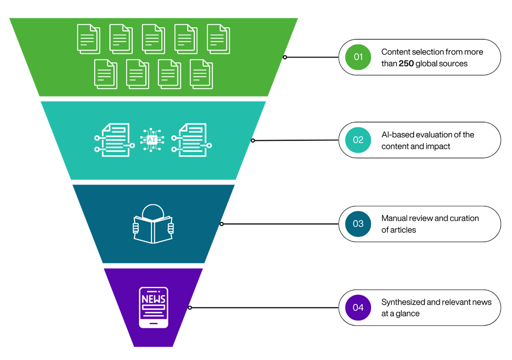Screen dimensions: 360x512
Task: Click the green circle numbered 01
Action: tap(358, 57)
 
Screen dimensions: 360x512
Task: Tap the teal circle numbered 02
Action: tap(358, 140)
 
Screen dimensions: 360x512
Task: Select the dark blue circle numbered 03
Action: tap(358, 224)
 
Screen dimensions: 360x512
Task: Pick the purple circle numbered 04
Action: tap(358, 308)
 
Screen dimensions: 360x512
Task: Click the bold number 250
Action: tap(406, 63)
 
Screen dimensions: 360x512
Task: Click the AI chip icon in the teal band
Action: tap(152, 140)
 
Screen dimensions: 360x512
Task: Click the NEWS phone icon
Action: tap(153, 307)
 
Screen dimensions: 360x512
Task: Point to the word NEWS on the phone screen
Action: tap(153, 299)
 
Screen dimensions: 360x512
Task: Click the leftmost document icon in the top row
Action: tap(89, 39)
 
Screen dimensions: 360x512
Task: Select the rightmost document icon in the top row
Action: tap(218, 39)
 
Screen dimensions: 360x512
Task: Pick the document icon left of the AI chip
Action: tap(114, 140)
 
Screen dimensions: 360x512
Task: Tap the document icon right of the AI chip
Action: tap(191, 140)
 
